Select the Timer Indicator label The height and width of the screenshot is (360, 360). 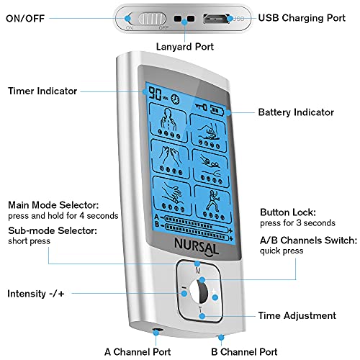click(43, 91)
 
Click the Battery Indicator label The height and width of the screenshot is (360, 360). click(296, 112)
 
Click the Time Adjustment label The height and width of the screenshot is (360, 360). click(297, 315)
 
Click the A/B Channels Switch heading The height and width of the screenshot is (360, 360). click(305, 238)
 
